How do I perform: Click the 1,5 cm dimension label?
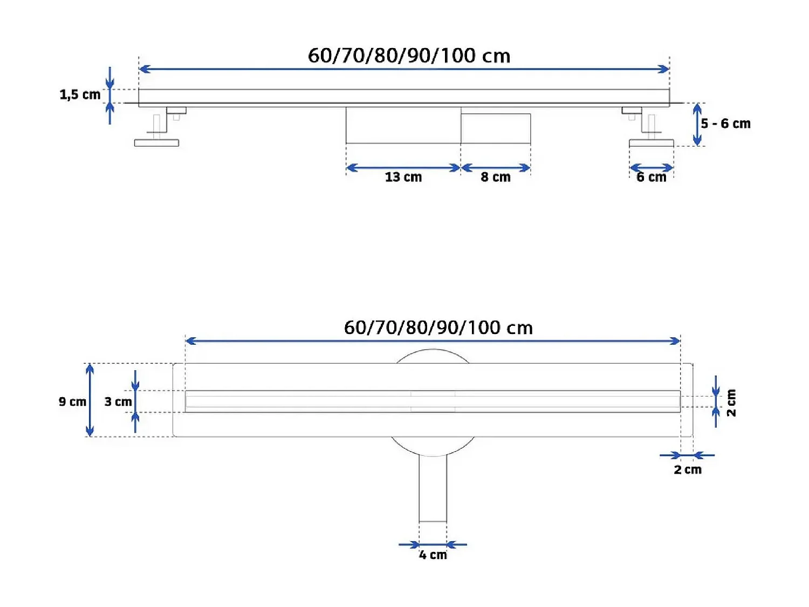tap(80, 95)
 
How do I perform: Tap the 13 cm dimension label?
tap(403, 177)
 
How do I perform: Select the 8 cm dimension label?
tap(495, 177)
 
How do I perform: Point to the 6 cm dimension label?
tap(651, 177)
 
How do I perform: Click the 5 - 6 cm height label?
tap(725, 124)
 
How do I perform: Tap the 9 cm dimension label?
tap(72, 402)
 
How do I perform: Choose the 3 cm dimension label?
tap(118, 402)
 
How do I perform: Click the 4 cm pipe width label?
tap(433, 555)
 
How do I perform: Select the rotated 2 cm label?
tap(731, 403)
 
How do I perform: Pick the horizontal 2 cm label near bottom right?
tap(688, 470)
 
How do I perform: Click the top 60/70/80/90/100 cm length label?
tap(409, 56)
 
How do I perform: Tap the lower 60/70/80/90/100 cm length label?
tap(438, 328)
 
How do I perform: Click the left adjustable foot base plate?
tap(156, 143)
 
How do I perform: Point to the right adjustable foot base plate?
tap(651, 143)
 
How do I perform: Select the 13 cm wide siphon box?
tap(403, 125)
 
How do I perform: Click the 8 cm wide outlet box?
tap(496, 128)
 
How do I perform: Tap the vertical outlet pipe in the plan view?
tap(433, 488)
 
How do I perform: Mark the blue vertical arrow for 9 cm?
tap(90, 400)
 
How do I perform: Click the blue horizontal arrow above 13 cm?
tap(403, 168)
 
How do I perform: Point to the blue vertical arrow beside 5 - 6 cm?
tap(697, 125)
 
